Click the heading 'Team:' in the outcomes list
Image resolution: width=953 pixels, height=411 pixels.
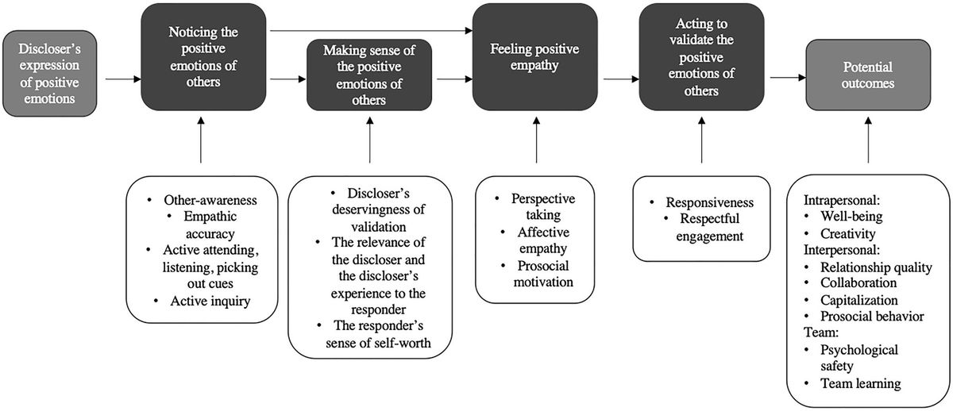pos(820,332)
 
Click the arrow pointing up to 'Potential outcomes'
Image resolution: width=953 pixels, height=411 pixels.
pos(868,139)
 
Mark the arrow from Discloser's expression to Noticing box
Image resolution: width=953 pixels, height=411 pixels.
pos(123,79)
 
